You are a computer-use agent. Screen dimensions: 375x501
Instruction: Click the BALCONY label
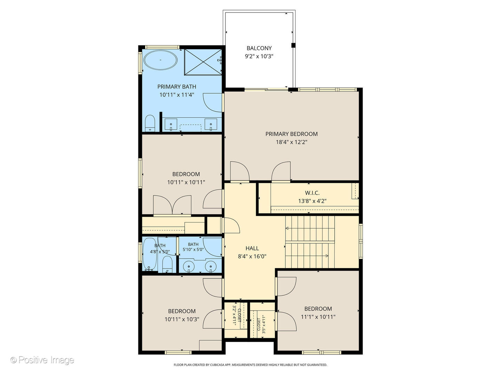tap(259, 48)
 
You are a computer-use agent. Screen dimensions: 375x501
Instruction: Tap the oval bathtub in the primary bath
tap(160, 60)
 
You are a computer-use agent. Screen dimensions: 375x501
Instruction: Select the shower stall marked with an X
tap(203, 61)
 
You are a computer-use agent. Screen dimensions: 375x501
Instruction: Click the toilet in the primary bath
tap(150, 123)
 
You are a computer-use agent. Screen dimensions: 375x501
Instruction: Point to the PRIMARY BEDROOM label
tap(291, 134)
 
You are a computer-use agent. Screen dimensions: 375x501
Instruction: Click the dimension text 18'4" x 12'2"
tap(291, 142)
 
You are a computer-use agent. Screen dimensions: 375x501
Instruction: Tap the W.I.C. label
tap(312, 193)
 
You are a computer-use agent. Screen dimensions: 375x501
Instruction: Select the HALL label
tap(252, 248)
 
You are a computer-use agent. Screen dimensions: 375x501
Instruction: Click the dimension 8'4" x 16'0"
tap(252, 257)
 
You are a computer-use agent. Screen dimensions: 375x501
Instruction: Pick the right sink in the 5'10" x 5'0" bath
tap(210, 266)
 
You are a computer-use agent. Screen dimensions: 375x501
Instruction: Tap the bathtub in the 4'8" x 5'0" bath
tap(150, 255)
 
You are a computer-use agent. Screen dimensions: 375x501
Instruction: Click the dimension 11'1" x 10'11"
tap(318, 317)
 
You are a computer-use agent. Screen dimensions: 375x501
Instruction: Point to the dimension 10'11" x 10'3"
tap(182, 319)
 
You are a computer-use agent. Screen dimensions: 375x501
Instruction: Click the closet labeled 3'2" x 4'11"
tap(237, 315)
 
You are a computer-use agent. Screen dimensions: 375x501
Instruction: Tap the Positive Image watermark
tap(42, 360)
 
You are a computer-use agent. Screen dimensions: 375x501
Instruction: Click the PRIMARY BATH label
tap(177, 87)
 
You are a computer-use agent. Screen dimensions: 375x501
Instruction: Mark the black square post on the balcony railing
tap(293, 45)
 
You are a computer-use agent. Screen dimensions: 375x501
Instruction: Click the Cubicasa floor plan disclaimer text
tap(250, 365)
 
